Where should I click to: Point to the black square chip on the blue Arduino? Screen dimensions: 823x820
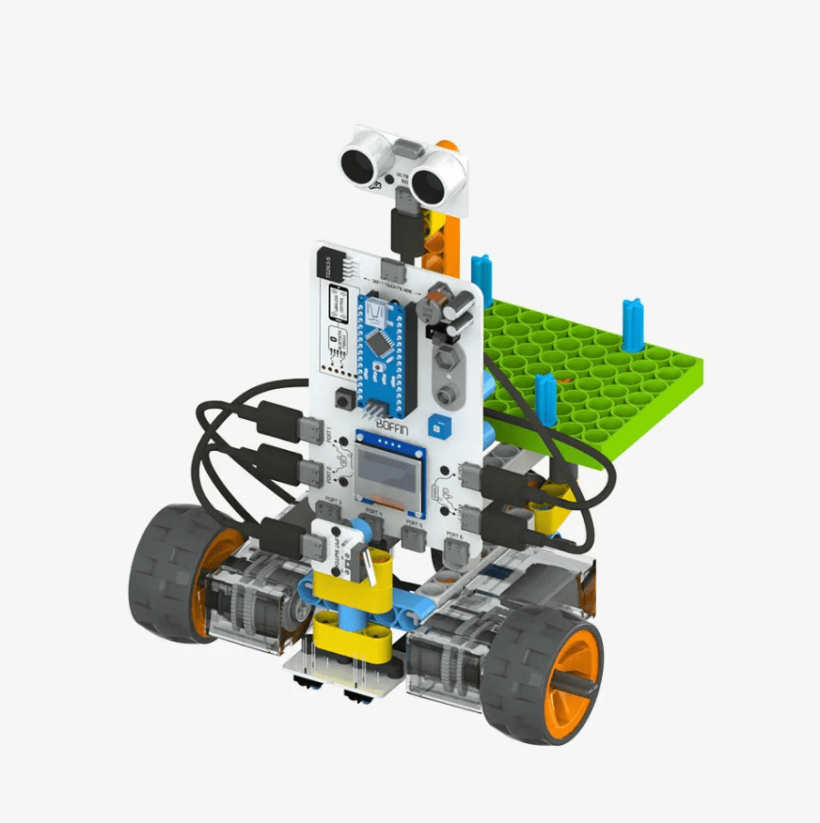click(380, 344)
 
